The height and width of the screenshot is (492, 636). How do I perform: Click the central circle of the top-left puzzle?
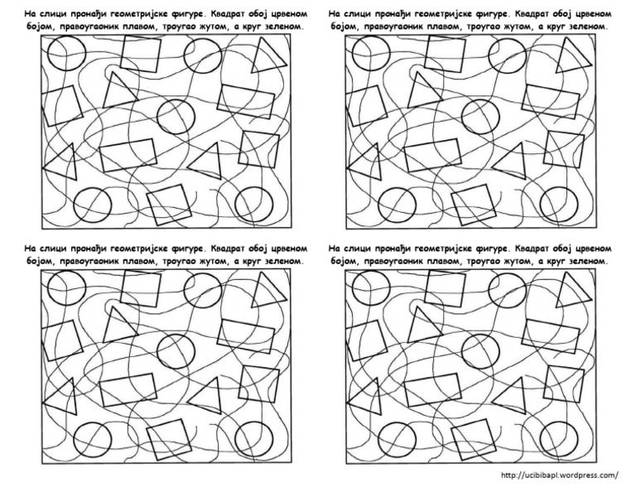tap(174, 115)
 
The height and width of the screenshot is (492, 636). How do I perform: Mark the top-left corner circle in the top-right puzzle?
tap(364, 55)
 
